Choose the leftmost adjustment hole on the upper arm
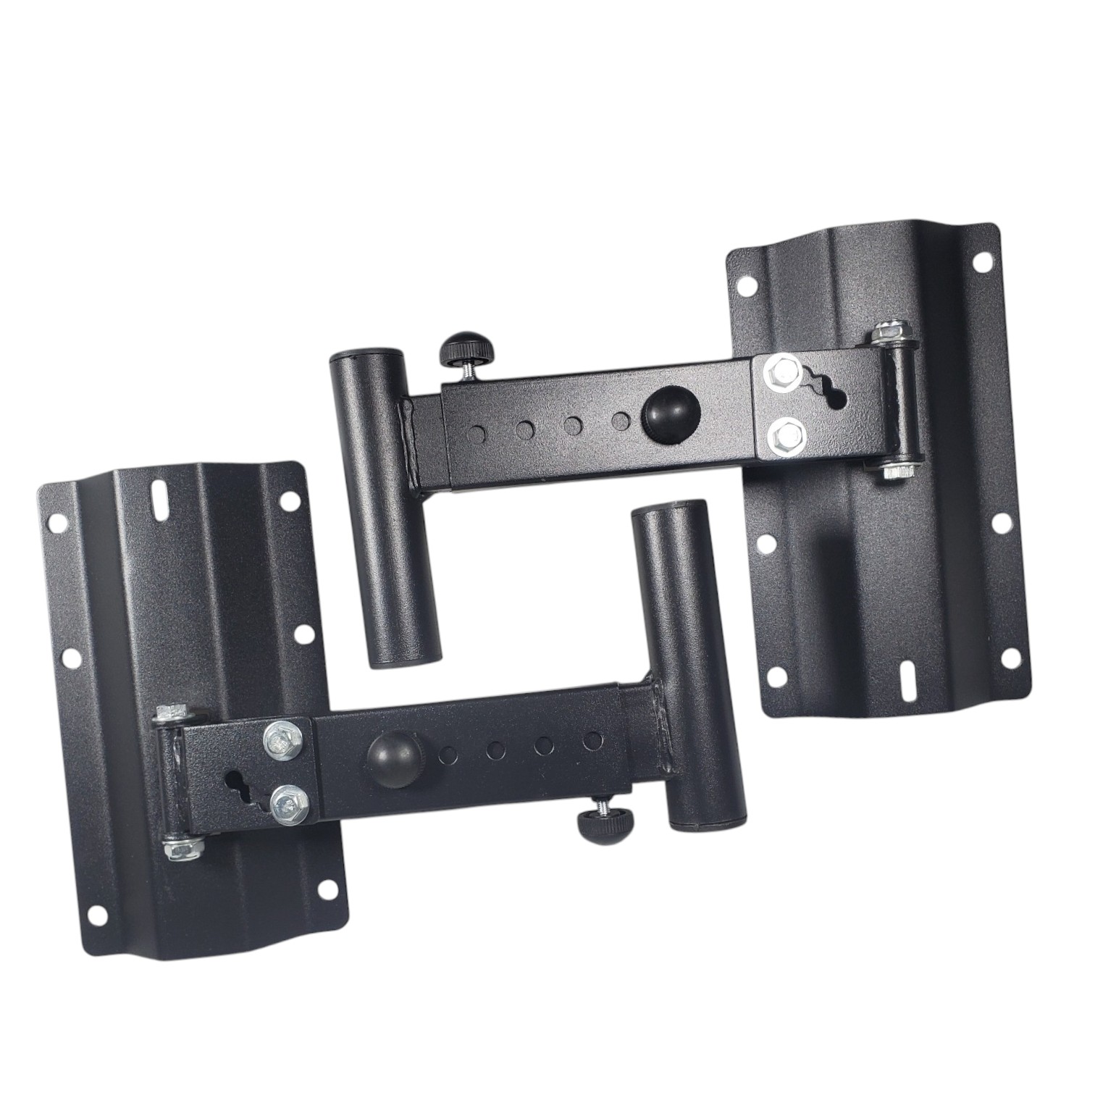[x=477, y=435]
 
